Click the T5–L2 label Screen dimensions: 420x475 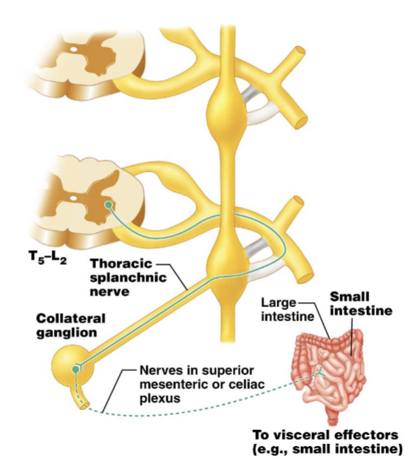48,258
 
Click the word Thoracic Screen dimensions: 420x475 121,263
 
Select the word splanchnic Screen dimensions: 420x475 128,277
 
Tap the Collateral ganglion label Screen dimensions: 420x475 71,326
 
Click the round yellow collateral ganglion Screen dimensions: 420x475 72,366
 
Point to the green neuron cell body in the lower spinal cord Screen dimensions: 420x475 109,206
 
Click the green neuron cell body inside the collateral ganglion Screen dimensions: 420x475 75,369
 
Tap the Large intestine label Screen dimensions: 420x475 288,309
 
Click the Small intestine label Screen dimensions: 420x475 361,304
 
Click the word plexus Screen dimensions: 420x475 160,398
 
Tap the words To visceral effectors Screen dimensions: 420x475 325,435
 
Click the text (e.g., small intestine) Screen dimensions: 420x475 328,449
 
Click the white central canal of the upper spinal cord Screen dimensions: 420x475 74,49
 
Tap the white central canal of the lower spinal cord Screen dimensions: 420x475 74,198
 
